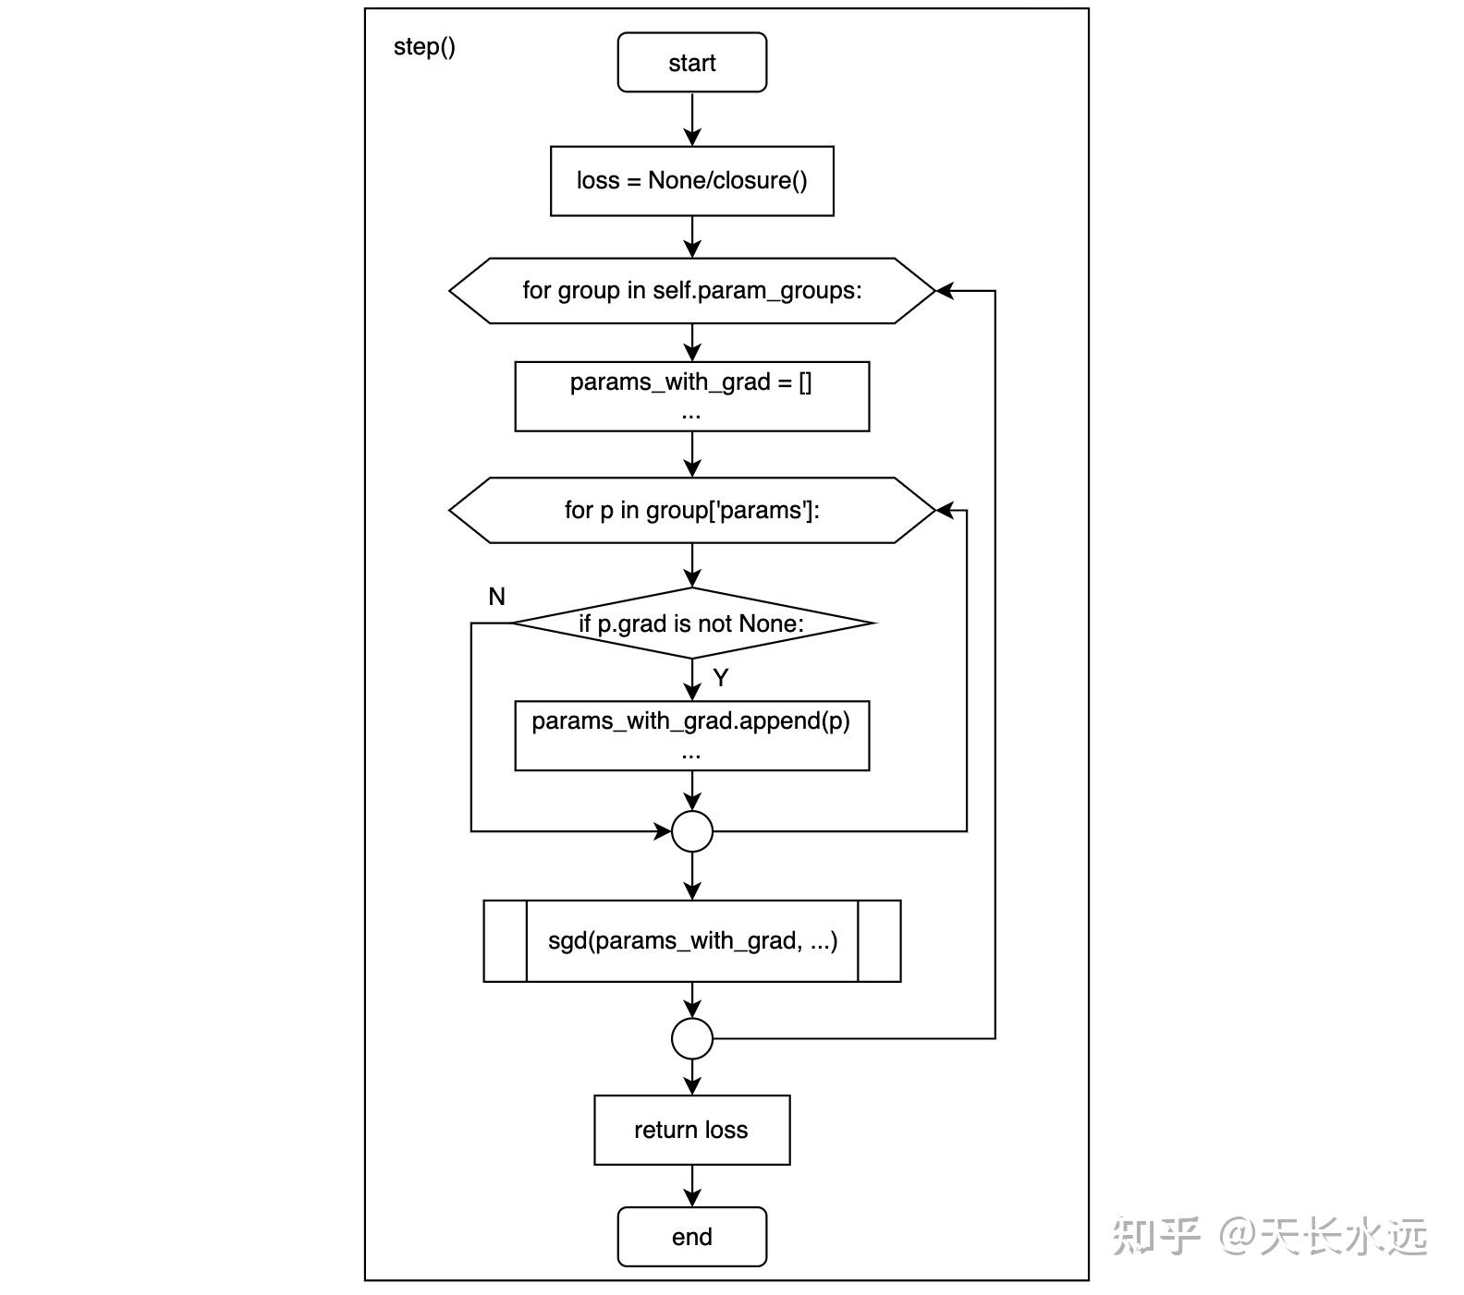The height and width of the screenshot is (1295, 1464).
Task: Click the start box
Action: coord(691,63)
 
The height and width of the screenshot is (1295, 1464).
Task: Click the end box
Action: coord(691,1237)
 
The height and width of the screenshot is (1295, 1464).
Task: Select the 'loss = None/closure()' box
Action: coord(691,181)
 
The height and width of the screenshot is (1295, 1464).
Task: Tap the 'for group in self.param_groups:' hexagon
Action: coord(691,291)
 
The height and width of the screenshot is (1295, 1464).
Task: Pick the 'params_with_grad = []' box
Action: coord(691,396)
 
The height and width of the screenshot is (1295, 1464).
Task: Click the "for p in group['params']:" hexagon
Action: coord(691,510)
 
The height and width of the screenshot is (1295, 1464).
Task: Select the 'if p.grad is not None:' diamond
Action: coord(691,623)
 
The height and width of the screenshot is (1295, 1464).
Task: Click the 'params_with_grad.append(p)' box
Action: coord(691,735)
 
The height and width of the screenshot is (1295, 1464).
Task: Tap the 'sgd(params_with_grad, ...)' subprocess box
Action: coord(691,941)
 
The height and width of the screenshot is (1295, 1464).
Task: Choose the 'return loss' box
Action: coord(691,1130)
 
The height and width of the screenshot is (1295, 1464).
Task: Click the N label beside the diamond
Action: coord(496,597)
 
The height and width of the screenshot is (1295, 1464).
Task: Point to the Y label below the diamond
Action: coord(721,678)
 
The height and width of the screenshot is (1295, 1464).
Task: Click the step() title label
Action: coord(424,46)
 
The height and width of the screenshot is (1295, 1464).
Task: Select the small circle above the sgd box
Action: coord(691,831)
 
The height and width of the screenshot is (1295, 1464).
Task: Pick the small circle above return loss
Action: coord(691,1038)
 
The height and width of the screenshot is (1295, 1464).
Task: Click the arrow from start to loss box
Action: coord(691,119)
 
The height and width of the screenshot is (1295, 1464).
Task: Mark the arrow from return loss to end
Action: coord(691,1186)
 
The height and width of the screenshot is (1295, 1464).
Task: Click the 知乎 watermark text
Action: coord(1155,1236)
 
